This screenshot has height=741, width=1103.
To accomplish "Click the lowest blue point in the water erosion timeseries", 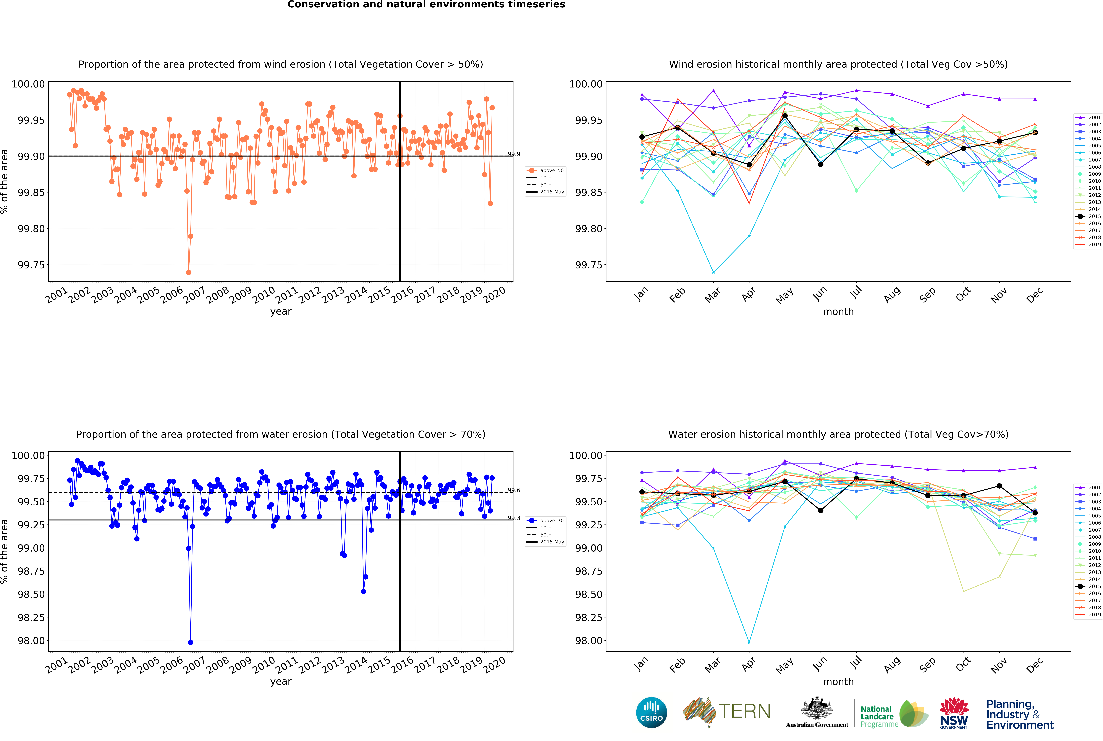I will [190, 642].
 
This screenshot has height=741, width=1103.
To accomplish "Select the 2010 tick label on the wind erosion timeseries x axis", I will [263, 295].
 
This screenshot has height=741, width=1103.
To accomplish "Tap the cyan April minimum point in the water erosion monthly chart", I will [749, 642].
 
